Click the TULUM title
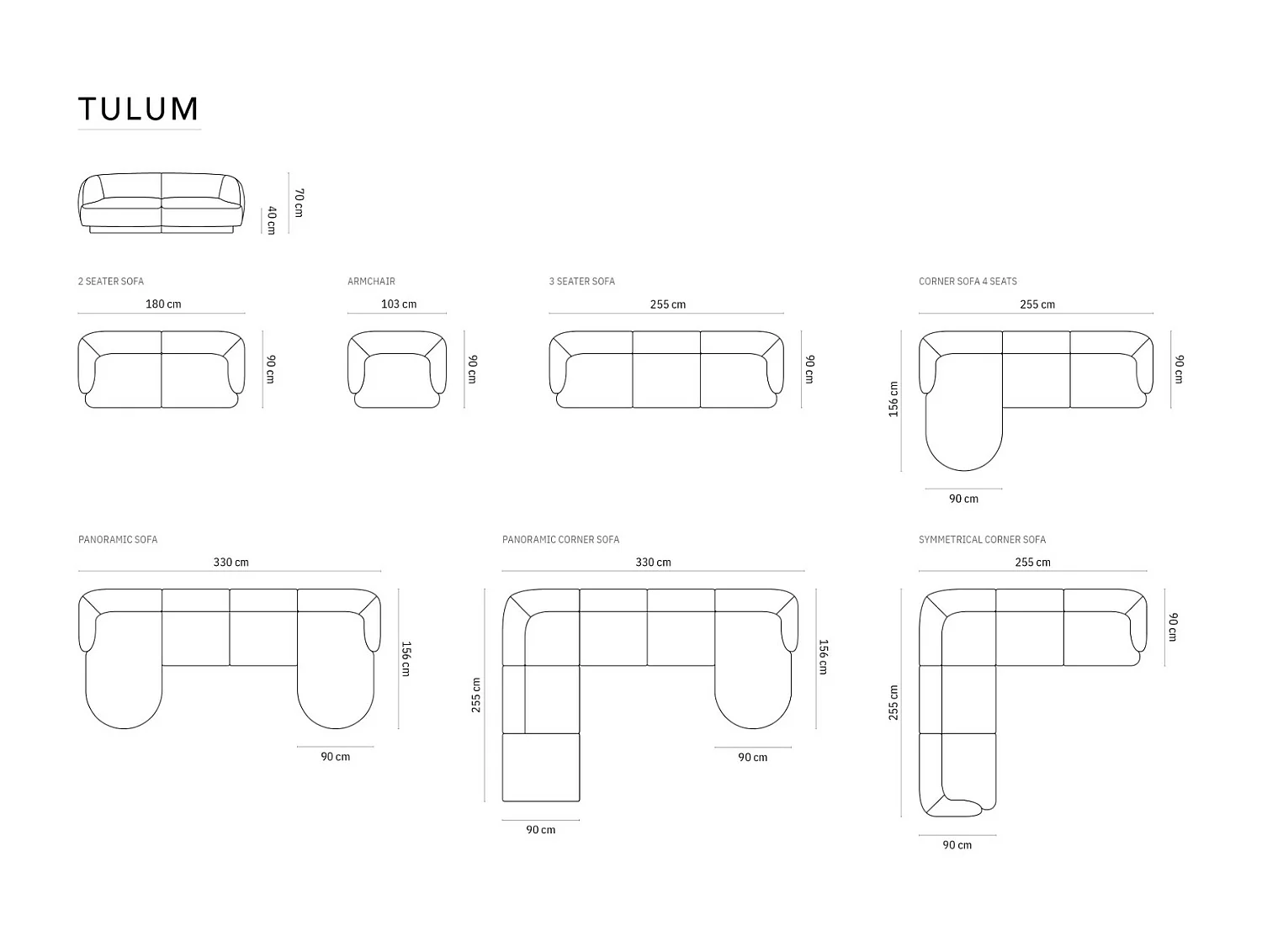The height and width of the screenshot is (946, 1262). point(139,109)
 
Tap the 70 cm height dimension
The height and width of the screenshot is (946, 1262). point(299,203)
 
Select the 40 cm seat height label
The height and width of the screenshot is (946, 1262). point(272,220)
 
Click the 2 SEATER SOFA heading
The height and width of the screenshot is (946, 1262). point(111,282)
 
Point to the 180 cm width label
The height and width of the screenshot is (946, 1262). point(163,304)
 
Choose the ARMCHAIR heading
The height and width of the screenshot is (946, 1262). point(371,282)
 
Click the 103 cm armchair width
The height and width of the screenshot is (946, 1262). point(399,304)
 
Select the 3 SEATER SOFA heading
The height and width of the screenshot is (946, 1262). point(582,282)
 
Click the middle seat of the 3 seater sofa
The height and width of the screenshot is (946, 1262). point(666,378)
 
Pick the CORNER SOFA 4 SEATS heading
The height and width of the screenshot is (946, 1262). point(968,282)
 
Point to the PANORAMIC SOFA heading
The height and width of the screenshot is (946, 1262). point(118,540)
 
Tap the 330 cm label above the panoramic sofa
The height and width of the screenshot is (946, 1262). point(231,563)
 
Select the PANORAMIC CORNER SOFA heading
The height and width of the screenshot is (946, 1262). point(560,540)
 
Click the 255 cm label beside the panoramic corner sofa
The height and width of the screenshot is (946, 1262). point(476,695)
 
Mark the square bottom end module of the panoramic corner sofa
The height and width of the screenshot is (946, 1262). point(541,767)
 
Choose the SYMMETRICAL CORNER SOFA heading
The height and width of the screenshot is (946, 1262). point(982,540)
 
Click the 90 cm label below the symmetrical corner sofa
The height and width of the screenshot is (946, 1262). point(957,845)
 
